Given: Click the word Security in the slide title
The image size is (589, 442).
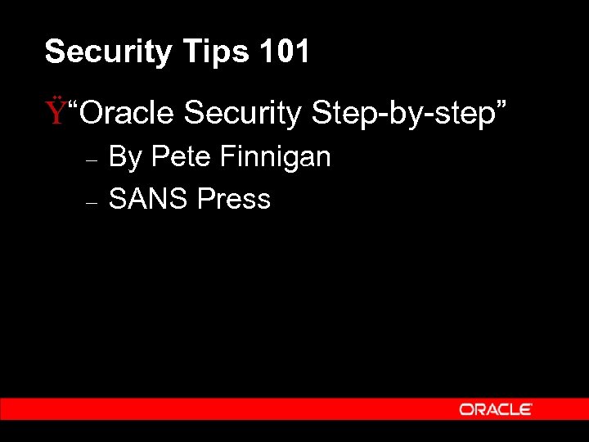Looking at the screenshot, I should (108, 52).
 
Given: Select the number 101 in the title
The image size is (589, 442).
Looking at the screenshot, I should (285, 52).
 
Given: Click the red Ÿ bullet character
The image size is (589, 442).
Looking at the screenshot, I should (55, 112).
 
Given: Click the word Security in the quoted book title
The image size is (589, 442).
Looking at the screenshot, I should (243, 113).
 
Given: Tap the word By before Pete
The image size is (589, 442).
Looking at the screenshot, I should (125, 157).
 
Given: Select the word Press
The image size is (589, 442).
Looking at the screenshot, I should (233, 199).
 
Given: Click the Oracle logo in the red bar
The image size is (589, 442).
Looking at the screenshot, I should (496, 409).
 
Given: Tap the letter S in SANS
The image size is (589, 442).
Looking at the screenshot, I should (117, 199).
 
